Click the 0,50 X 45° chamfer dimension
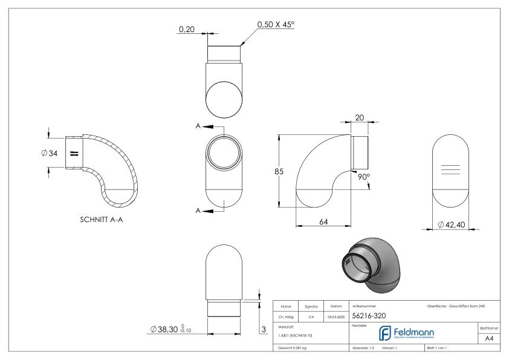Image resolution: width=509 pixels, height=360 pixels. click(x=279, y=24)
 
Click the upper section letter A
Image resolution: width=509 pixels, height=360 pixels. click(x=198, y=126)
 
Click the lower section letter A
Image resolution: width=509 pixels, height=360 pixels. click(x=198, y=210)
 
